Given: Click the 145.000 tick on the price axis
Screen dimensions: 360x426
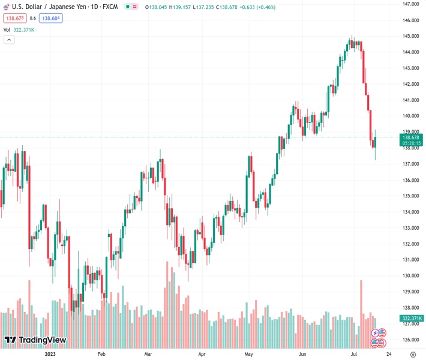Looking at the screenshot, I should pyautogui.click(x=411, y=36).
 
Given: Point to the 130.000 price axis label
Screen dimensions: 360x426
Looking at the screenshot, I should pyautogui.click(x=411, y=276).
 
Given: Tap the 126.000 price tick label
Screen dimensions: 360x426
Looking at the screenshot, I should pyautogui.click(x=411, y=340).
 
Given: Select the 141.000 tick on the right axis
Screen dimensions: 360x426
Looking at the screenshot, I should pyautogui.click(x=411, y=100).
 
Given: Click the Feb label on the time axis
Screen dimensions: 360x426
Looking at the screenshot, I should pyautogui.click(x=101, y=354).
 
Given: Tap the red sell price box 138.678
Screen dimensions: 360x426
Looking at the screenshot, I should pyautogui.click(x=14, y=18).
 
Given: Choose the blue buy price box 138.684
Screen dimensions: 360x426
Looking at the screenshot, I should pyautogui.click(x=51, y=18).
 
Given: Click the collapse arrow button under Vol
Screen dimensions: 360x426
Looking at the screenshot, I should pyautogui.click(x=9, y=40).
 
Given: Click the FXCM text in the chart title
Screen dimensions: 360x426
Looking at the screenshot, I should pyautogui.click(x=110, y=7).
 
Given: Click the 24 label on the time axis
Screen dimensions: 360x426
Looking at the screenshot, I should pyautogui.click(x=388, y=354).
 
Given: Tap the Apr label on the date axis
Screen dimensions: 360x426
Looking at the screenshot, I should pyautogui.click(x=202, y=354).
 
